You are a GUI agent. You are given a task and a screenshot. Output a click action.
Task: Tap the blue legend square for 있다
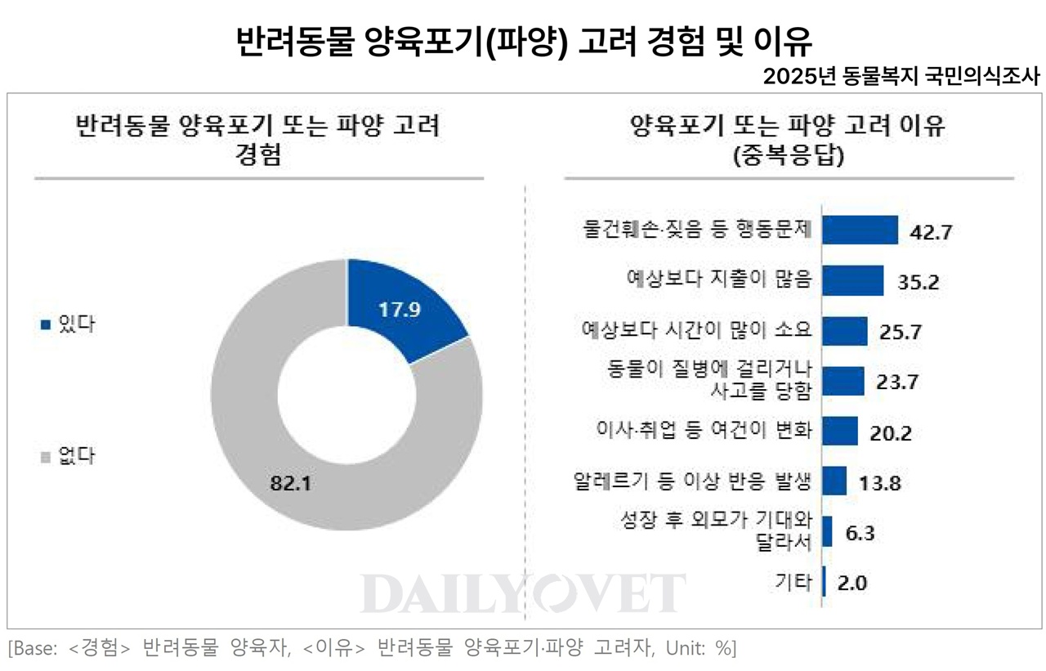click(46, 324)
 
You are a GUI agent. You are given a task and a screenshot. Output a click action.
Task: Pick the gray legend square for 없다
click(46, 456)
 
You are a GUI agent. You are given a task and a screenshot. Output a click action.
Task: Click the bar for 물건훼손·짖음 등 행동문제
click(860, 230)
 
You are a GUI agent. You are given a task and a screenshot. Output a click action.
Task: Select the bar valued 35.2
click(852, 280)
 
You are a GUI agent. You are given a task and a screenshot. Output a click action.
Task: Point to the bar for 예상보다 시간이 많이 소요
click(844, 331)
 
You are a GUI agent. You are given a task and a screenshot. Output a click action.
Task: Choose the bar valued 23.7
click(843, 381)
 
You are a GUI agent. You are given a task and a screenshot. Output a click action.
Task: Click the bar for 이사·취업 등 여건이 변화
click(839, 431)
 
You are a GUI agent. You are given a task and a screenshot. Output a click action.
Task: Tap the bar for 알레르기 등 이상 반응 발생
click(834, 481)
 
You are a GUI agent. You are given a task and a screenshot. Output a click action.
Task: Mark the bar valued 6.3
click(827, 531)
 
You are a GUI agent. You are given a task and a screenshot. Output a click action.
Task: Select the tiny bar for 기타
click(824, 582)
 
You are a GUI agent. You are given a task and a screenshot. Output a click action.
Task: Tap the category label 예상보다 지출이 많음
click(714, 280)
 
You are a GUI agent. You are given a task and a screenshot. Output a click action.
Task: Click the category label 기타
click(793, 583)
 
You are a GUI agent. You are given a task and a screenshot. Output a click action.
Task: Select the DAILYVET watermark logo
click(523, 593)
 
